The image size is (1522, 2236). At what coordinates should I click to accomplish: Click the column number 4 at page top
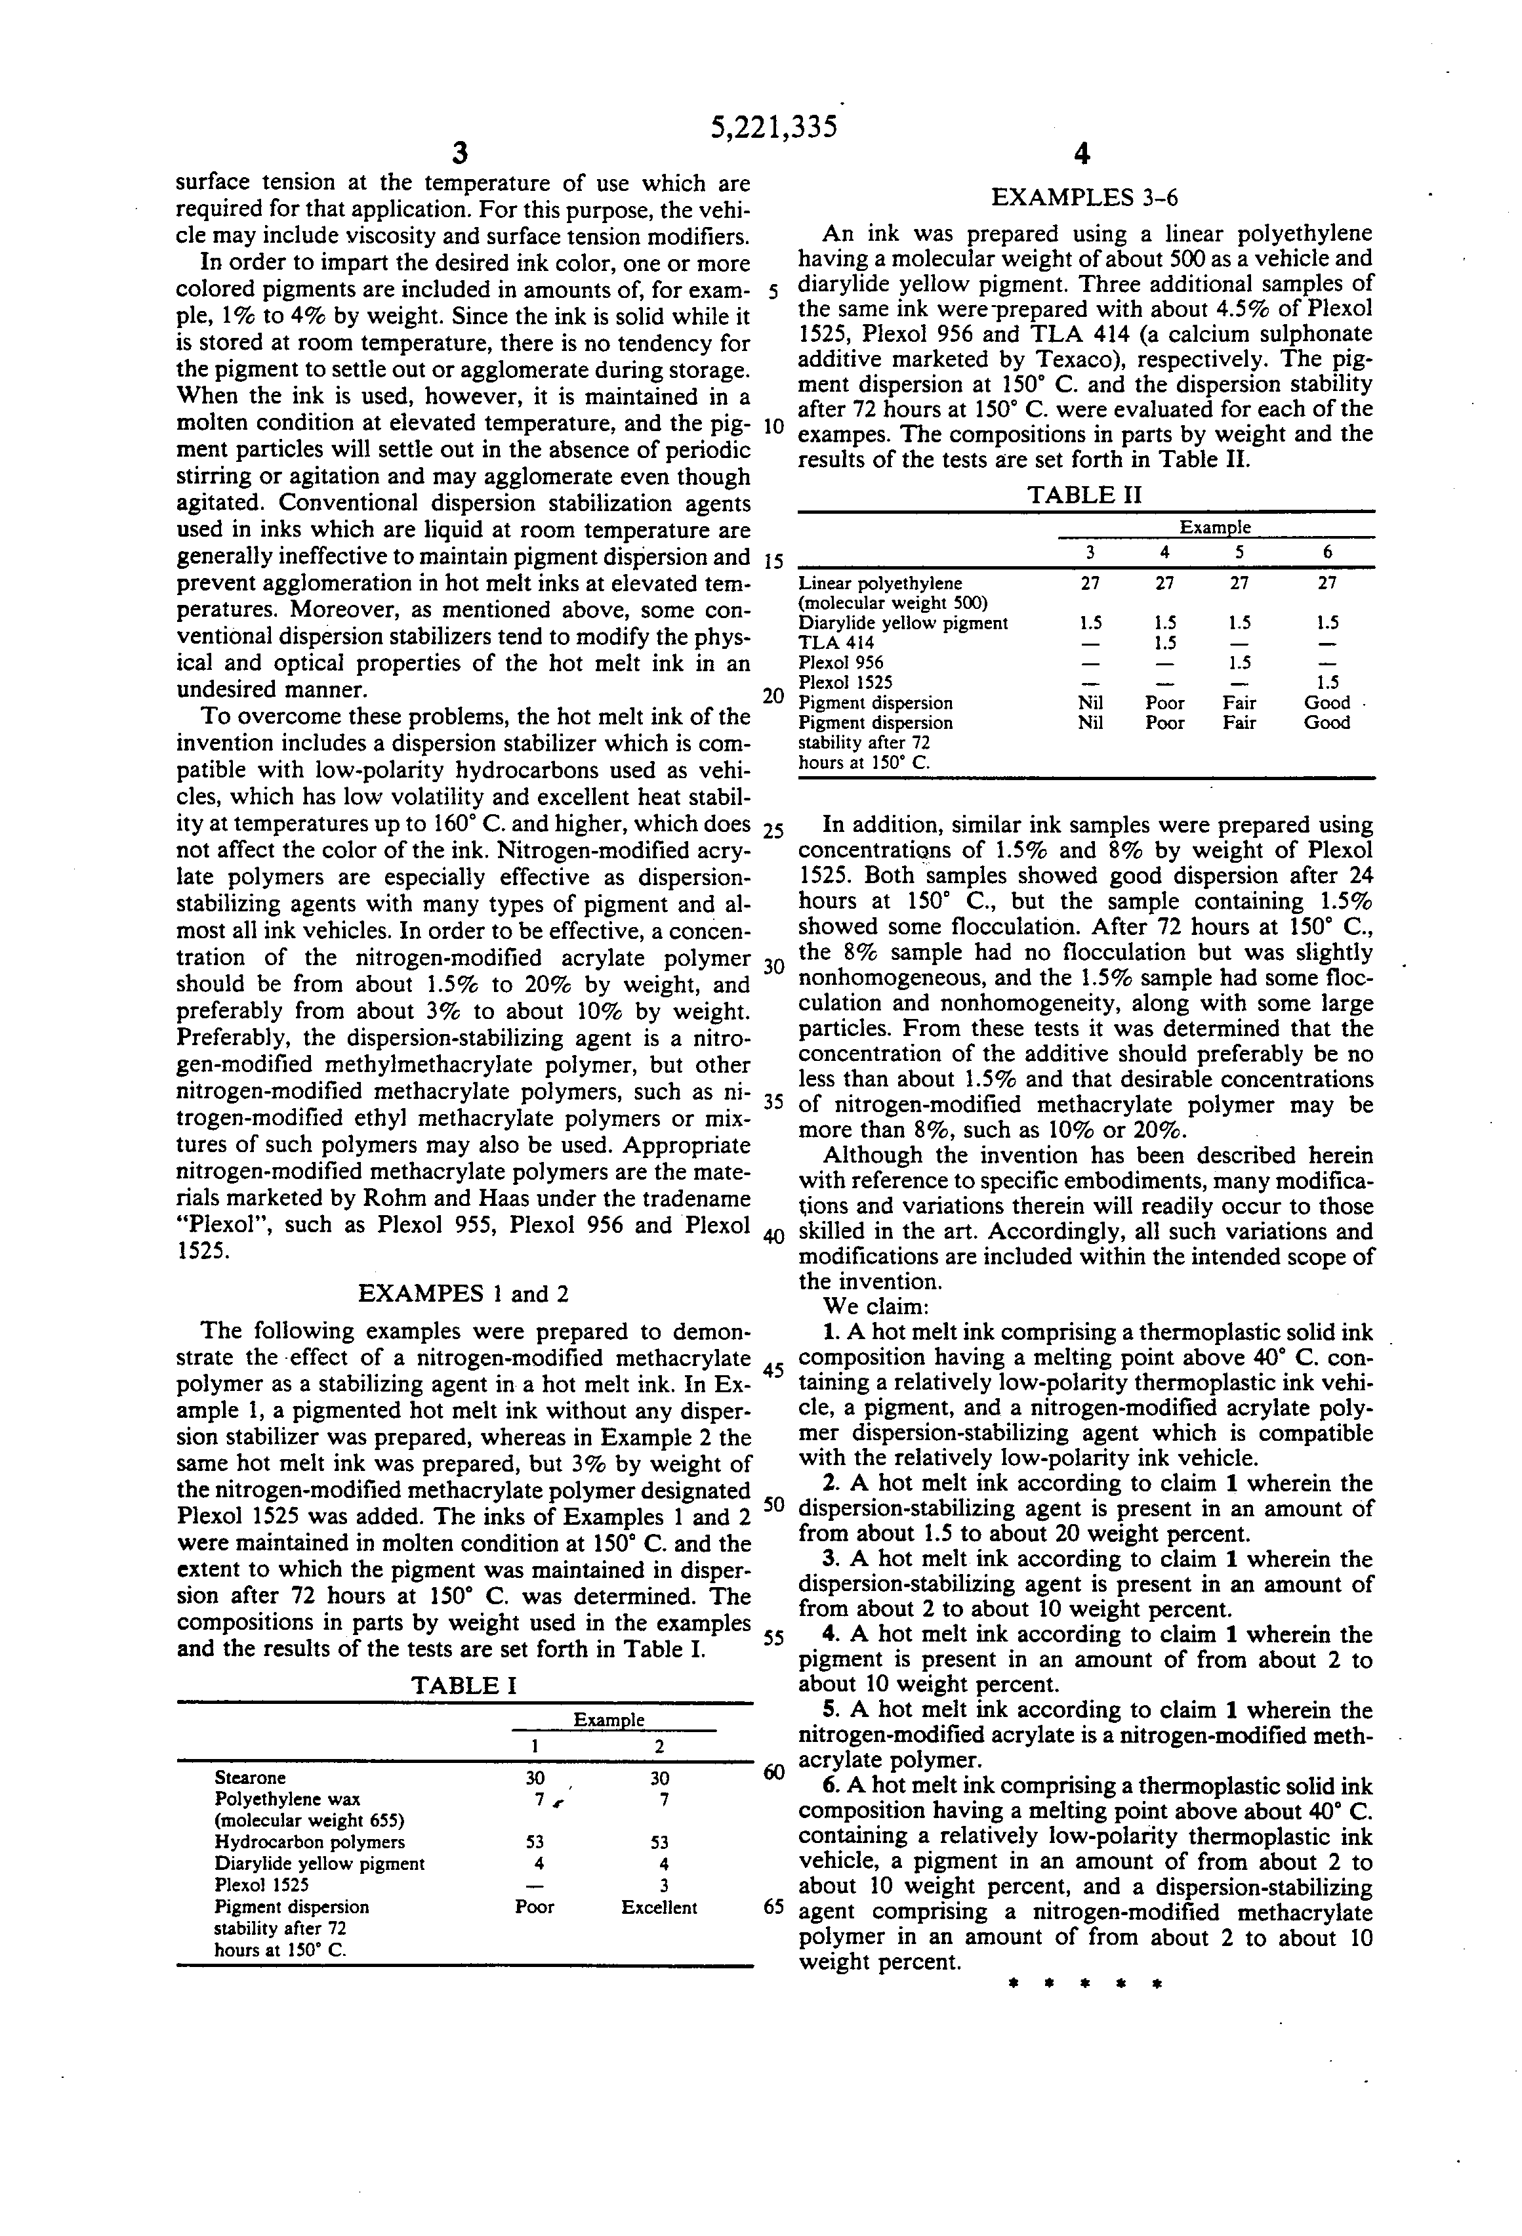coord(1083,154)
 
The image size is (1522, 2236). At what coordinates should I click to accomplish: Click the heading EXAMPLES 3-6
coord(1084,198)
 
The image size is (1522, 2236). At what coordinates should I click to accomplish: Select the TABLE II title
coord(1084,495)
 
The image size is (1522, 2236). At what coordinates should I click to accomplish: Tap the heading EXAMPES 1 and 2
coord(463,1293)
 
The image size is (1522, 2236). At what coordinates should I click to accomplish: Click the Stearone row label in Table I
coord(250,1777)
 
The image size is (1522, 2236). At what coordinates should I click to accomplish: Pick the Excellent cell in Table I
coord(659,1907)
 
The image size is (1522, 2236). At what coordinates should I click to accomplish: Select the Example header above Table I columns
coord(609,1720)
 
